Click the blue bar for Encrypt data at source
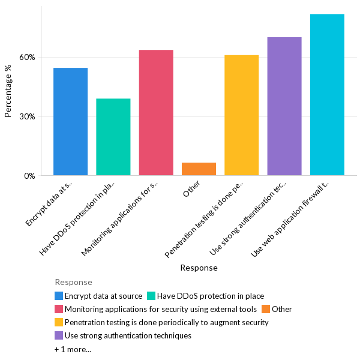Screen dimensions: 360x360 coord(70,122)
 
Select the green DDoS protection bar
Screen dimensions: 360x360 coord(113,137)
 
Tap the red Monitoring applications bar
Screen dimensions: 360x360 coord(156,113)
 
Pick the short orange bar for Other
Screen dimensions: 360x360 coord(199,169)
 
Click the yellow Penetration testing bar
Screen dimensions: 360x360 coord(241,115)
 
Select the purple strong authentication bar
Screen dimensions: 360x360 coord(284,106)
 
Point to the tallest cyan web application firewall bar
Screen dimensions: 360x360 coord(327,95)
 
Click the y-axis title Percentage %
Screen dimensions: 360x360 coord(8,91)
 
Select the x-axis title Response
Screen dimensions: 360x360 coord(199,268)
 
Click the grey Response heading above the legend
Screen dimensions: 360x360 coord(73,282)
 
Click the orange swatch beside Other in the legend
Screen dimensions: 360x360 coord(266,309)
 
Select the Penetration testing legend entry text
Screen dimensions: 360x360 coord(166,322)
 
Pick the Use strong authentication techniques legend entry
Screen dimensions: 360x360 coord(128,335)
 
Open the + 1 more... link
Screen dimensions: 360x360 coord(73,349)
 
